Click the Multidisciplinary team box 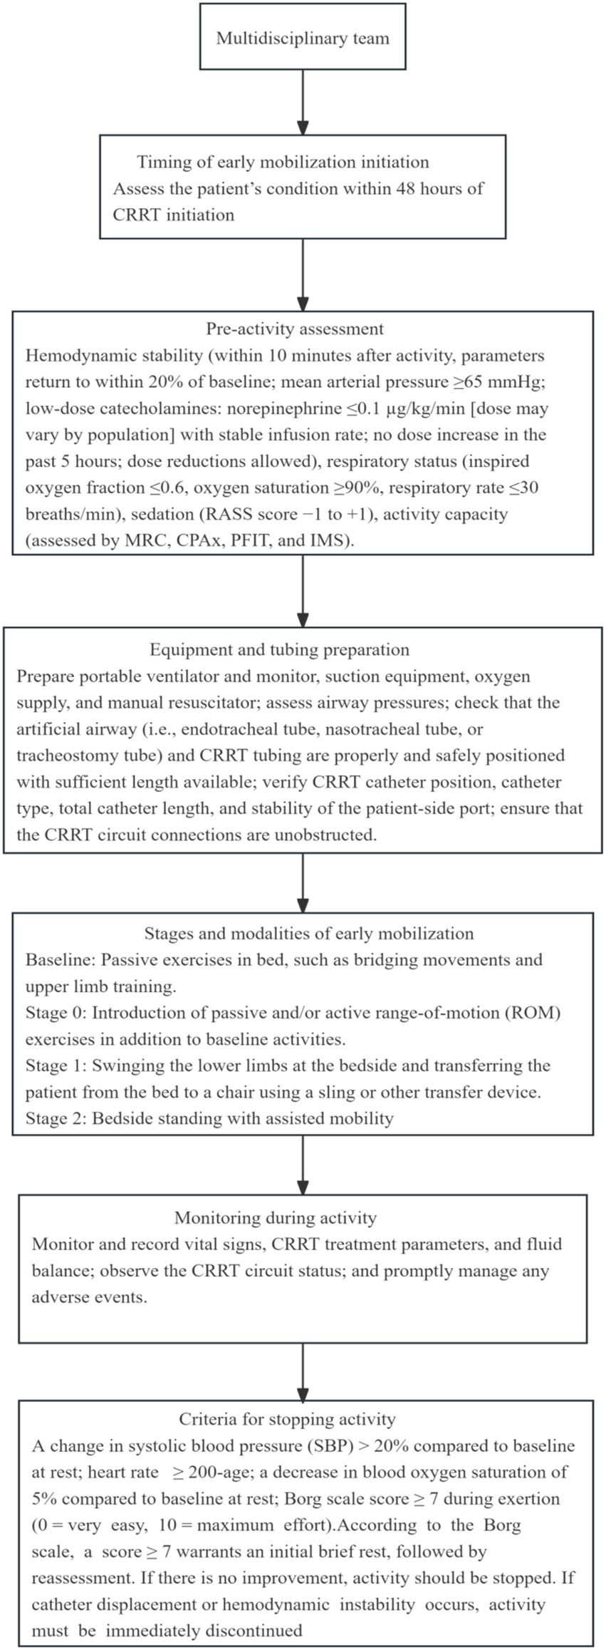(x=303, y=37)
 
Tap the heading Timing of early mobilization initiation (x=283, y=162)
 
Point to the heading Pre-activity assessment (x=295, y=329)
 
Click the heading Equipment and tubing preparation (x=280, y=649)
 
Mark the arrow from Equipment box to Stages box (x=303, y=882)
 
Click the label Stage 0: (x=56, y=1013)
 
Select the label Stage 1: (x=56, y=1066)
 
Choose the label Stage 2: (x=56, y=1118)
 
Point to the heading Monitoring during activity (x=276, y=1218)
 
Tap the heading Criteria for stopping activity (x=287, y=1419)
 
